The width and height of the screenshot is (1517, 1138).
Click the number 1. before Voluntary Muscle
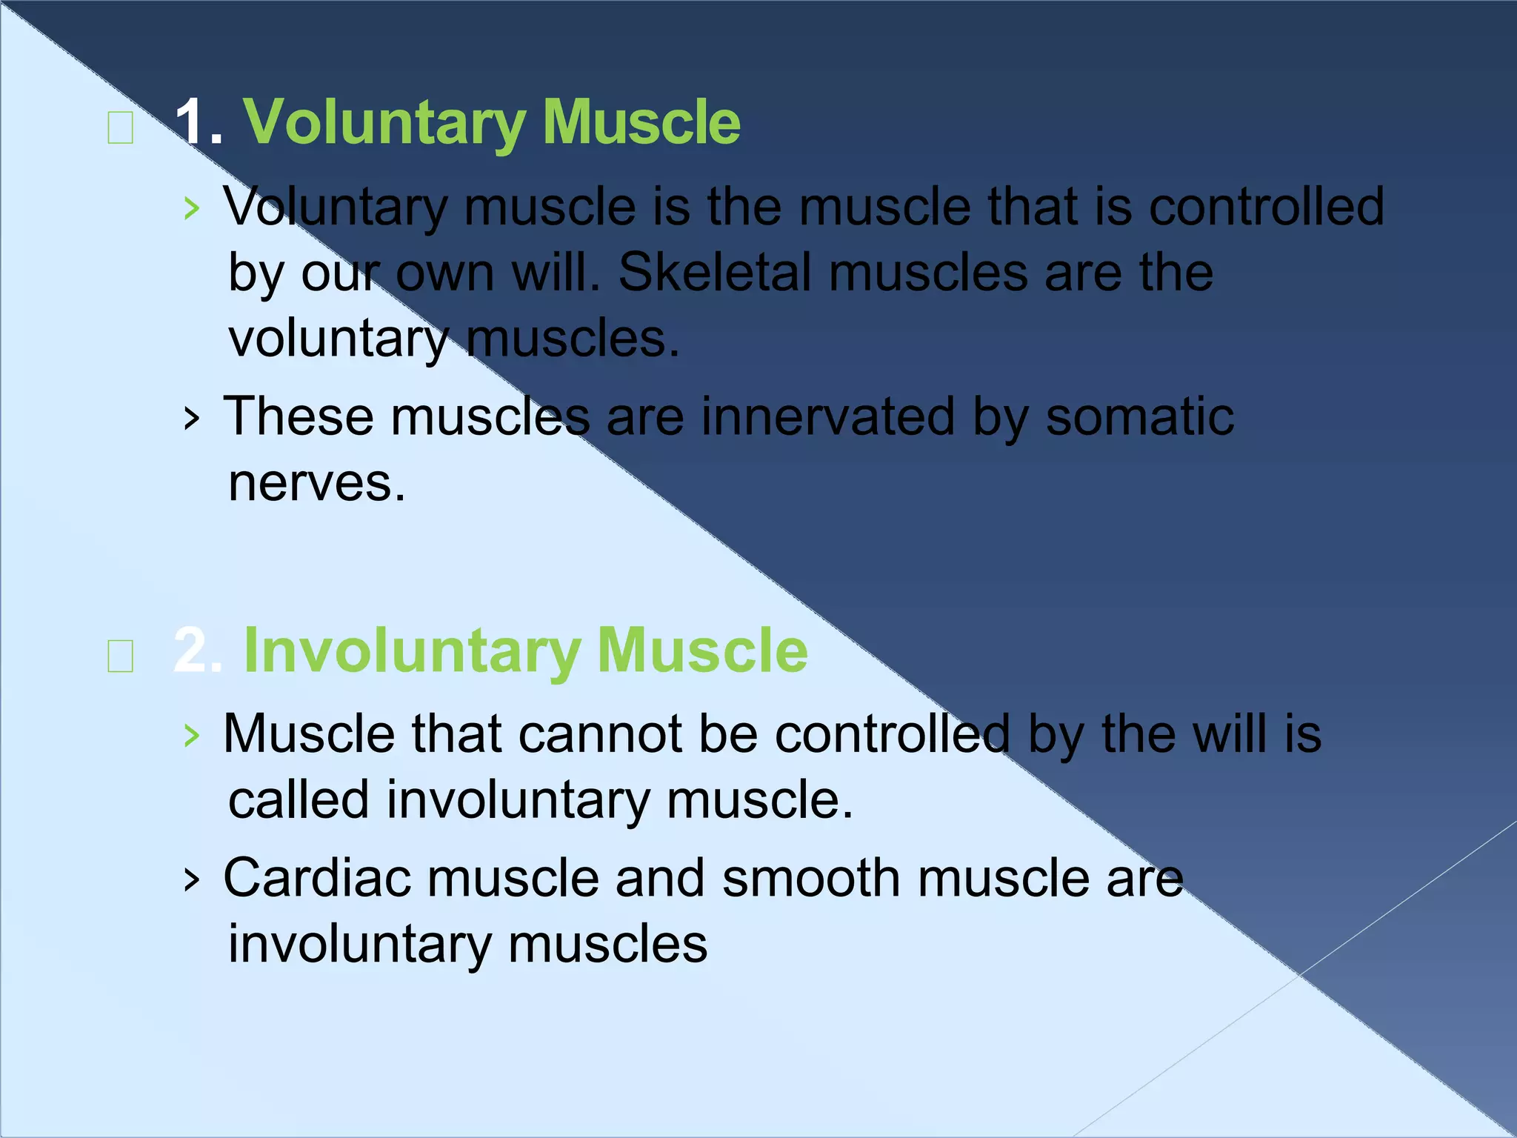(x=199, y=122)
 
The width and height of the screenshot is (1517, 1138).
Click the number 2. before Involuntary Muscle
(x=197, y=650)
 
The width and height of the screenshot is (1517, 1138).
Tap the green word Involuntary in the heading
(x=412, y=650)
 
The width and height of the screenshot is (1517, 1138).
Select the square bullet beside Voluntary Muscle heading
(x=120, y=129)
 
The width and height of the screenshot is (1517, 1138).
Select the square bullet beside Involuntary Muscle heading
(x=120, y=656)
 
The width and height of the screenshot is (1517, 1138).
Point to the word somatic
(x=1139, y=416)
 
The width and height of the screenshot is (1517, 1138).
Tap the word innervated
(x=828, y=416)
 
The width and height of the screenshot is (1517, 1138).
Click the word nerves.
(x=317, y=483)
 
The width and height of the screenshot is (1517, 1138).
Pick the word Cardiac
(x=317, y=878)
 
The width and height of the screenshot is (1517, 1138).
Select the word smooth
(x=811, y=878)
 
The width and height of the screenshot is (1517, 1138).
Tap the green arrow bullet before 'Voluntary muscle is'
(x=192, y=209)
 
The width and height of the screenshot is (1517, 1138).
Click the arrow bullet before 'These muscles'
(x=192, y=419)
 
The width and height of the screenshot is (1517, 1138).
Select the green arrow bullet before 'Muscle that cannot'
(x=192, y=736)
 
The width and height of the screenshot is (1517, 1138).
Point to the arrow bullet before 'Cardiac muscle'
(x=192, y=880)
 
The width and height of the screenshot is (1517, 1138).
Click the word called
(x=299, y=800)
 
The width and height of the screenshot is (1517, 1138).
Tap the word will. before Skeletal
(x=556, y=272)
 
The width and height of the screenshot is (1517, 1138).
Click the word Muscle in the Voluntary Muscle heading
(x=641, y=122)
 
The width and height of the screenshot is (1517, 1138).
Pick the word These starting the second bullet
(x=299, y=416)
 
